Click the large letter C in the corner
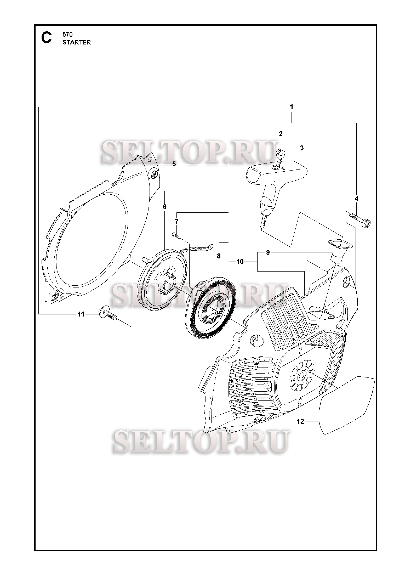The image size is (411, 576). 47,38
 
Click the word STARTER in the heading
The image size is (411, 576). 77,42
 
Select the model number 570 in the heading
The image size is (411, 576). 67,34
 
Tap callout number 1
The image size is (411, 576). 292,107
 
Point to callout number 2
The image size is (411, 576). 281,134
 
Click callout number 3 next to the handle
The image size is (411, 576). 302,148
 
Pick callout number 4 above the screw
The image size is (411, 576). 356,199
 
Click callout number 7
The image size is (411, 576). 176,222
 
